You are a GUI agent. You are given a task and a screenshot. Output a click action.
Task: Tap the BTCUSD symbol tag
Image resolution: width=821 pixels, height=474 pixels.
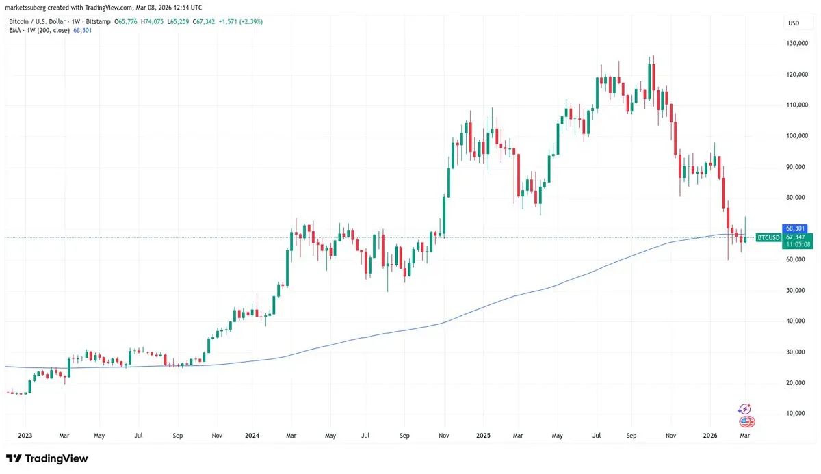tap(767, 237)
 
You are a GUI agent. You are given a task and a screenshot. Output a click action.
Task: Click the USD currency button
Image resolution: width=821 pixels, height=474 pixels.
tap(794, 23)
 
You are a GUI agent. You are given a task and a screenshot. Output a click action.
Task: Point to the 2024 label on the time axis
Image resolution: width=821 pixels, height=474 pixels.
tap(252, 435)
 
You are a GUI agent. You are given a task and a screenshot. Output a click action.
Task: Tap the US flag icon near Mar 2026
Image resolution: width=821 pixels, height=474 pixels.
tap(746, 421)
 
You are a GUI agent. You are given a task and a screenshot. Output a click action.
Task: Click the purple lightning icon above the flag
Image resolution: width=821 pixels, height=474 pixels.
tap(745, 409)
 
